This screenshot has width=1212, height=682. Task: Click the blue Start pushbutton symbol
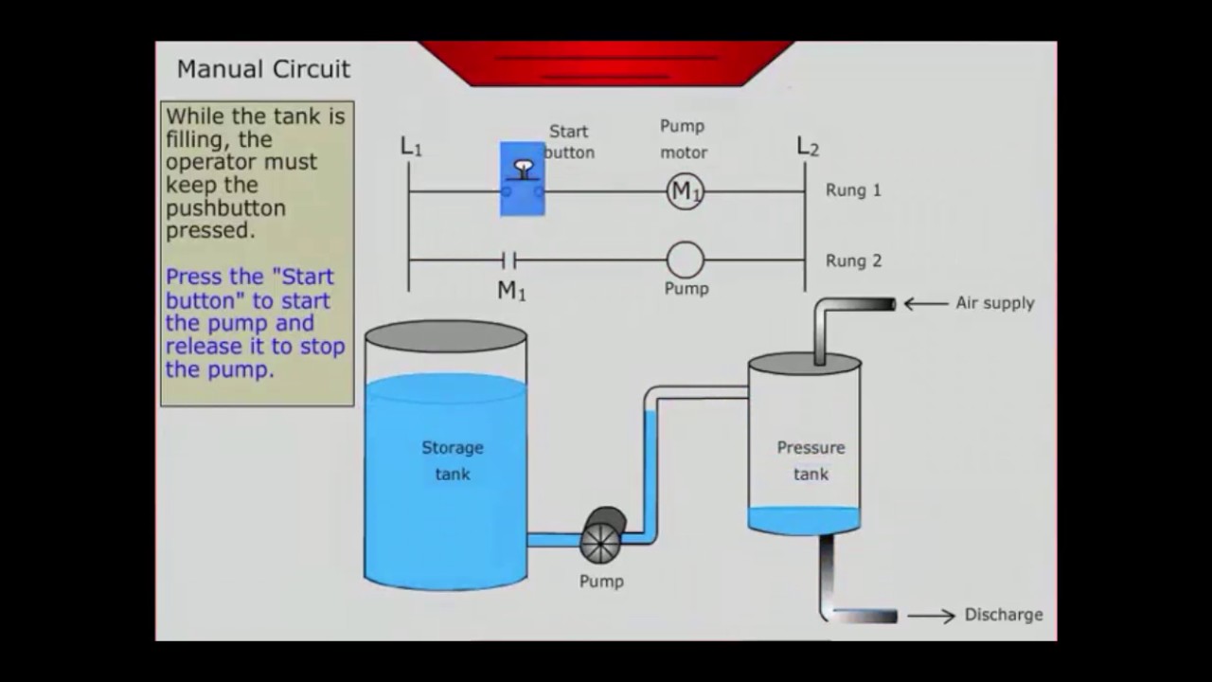(522, 179)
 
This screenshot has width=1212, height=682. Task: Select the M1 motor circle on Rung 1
(685, 191)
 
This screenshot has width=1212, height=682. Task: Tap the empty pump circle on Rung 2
(685, 260)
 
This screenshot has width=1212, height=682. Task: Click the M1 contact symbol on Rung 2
(508, 260)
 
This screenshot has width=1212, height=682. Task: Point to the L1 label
(411, 148)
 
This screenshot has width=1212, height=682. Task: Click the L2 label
(807, 148)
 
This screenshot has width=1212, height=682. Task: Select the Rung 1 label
(853, 190)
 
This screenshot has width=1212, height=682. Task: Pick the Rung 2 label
(853, 260)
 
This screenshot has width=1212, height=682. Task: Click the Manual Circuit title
(263, 69)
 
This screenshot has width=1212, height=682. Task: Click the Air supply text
(994, 303)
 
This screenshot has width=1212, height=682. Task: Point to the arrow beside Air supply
(924, 304)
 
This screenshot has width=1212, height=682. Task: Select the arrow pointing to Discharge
(931, 616)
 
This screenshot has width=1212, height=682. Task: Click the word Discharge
(1003, 615)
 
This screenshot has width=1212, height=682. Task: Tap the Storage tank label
(453, 460)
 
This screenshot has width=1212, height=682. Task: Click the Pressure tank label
(811, 460)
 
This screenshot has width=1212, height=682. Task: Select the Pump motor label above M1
(683, 139)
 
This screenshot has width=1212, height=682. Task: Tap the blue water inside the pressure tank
(804, 520)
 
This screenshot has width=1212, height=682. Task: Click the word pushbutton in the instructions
(225, 207)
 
